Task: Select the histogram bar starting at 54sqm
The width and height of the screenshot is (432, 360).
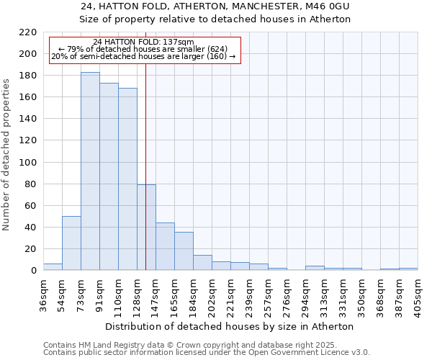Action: click(x=71, y=243)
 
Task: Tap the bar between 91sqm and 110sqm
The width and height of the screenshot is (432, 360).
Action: click(x=109, y=176)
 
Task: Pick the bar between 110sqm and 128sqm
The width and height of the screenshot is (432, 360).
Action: click(x=127, y=179)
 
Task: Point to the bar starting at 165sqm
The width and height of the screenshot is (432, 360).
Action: click(x=184, y=251)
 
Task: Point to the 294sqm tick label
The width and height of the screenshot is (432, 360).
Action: click(x=306, y=295)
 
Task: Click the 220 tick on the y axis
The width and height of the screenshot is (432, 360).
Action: click(x=29, y=32)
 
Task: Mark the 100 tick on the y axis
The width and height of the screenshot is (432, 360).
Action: click(x=29, y=163)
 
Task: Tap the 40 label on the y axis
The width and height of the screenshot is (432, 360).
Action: click(x=32, y=228)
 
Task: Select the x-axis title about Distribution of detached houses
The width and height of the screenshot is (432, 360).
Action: click(x=235, y=326)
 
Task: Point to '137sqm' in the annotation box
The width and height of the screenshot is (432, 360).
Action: click(x=178, y=42)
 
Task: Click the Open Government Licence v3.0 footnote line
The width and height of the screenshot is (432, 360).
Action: click(x=206, y=352)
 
